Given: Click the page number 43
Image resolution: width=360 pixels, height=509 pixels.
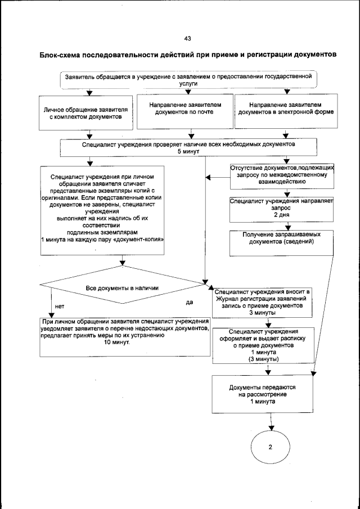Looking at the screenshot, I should (x=187, y=38).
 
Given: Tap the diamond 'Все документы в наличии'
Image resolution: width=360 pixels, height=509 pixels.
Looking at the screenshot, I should (x=121, y=287).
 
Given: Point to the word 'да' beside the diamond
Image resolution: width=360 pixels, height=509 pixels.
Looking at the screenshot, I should (x=190, y=302).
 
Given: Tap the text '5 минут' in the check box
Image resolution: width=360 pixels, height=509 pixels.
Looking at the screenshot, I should (x=188, y=152).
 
